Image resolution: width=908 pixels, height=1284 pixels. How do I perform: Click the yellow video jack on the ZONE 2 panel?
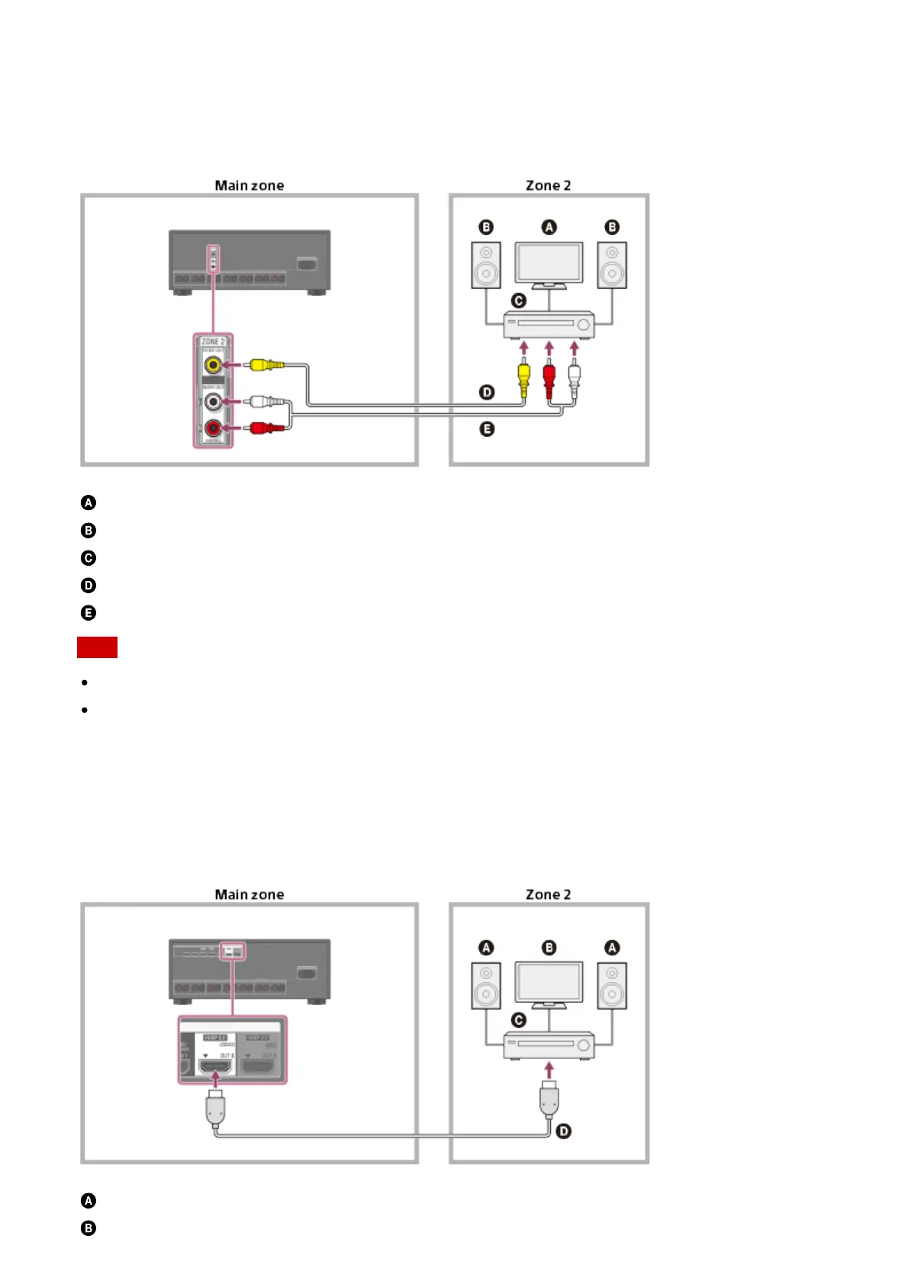[213, 364]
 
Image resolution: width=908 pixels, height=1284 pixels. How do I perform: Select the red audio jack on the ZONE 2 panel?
[213, 428]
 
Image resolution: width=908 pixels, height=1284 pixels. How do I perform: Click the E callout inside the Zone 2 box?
[487, 429]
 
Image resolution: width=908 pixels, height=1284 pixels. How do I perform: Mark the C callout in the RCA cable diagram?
[519, 300]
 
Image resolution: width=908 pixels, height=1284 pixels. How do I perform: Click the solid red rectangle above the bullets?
[97, 647]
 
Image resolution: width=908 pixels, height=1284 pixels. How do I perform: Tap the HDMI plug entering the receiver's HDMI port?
[215, 1106]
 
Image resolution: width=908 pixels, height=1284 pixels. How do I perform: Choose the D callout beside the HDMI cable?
[564, 1131]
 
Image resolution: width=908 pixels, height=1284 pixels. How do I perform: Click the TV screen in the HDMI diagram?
[549, 981]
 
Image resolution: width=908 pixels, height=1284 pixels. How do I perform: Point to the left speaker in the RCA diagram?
[486, 265]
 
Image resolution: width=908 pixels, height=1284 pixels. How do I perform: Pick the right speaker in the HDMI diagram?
[612, 985]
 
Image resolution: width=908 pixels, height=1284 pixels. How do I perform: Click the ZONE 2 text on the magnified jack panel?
[213, 342]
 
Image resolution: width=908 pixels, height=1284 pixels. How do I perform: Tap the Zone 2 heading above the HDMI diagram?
[548, 894]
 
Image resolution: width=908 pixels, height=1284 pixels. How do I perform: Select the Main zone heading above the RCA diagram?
[250, 185]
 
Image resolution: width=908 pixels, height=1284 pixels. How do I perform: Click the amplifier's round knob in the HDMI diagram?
[584, 1045]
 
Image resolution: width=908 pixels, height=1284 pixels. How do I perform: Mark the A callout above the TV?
[549, 227]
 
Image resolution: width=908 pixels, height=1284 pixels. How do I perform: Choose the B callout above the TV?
[549, 948]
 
